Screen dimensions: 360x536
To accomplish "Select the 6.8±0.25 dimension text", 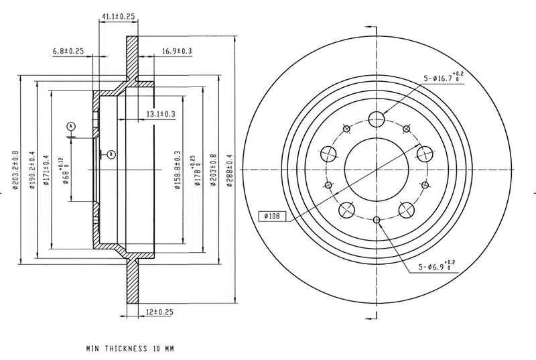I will (67, 51).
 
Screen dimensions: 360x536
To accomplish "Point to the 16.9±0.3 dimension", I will (176, 51).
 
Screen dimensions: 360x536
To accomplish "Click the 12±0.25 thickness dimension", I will (159, 312).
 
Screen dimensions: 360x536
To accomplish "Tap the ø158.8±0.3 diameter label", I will (178, 170).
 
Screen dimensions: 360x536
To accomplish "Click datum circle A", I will (70, 125).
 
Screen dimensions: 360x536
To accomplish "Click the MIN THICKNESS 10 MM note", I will (130, 349).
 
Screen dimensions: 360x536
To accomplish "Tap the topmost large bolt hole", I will (377, 120).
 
